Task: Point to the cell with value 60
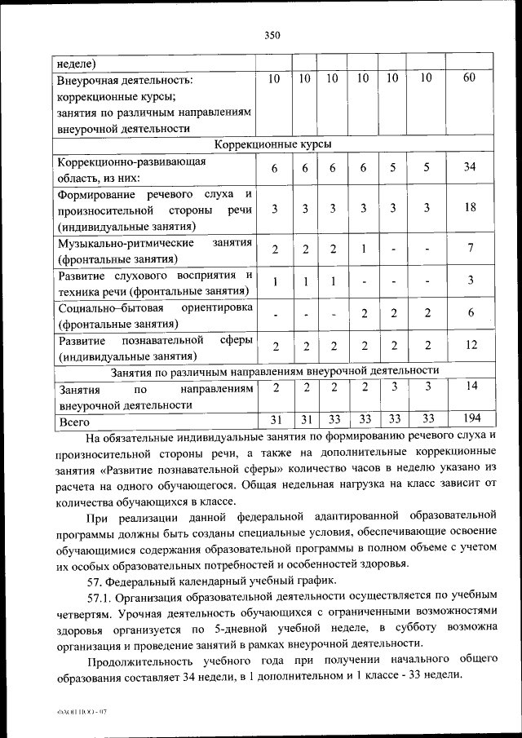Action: [x=470, y=78]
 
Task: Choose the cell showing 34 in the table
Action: [x=470, y=167]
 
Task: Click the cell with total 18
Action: [x=470, y=207]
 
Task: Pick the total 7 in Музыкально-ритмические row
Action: [x=470, y=248]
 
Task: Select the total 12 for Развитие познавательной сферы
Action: [x=470, y=345]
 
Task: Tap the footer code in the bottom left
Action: [x=77, y=711]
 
